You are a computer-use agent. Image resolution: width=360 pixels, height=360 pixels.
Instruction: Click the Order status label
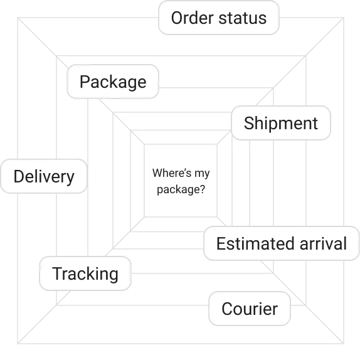pyautogui.click(x=218, y=18)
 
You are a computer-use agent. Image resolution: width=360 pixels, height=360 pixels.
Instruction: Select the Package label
pyautogui.click(x=113, y=82)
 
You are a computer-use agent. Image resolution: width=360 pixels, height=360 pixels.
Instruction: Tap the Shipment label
pyautogui.click(x=280, y=123)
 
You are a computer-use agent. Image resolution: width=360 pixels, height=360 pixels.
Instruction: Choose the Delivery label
pyautogui.click(x=44, y=177)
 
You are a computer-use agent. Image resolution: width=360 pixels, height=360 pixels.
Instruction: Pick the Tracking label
pyautogui.click(x=85, y=274)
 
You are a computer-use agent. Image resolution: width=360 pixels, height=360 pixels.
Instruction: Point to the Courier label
pyautogui.click(x=250, y=309)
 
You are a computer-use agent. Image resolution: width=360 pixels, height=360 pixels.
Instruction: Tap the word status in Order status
pyautogui.click(x=242, y=18)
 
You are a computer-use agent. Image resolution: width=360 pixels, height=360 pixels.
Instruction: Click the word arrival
pyautogui.click(x=322, y=243)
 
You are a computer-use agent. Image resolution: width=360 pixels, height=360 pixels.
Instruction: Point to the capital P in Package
pyautogui.click(x=85, y=82)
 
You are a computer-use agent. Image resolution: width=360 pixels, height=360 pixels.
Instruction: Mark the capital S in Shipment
pyautogui.click(x=248, y=123)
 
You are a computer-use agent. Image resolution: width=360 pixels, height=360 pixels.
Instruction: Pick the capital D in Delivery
pyautogui.click(x=19, y=177)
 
